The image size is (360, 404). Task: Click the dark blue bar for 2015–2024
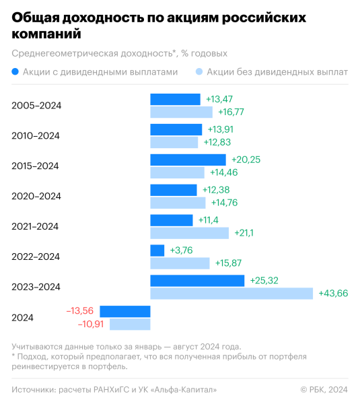tap(188, 160)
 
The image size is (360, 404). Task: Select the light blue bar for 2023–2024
tap(231, 294)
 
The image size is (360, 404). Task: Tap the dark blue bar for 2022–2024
tap(157, 250)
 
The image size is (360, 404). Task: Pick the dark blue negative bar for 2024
tap(124, 311)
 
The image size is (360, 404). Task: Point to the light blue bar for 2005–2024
tap(181, 112)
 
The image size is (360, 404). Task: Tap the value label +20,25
tap(246, 160)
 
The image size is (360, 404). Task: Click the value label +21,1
tap(245, 233)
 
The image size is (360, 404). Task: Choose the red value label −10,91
tap(91, 324)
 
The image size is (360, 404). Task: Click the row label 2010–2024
tap(36, 136)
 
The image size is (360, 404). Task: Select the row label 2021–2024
tap(36, 226)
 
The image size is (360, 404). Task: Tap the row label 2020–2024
tap(36, 196)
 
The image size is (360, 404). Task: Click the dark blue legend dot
tap(15, 71)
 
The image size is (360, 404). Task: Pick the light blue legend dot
tap(199, 71)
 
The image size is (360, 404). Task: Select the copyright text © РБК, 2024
tap(324, 389)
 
